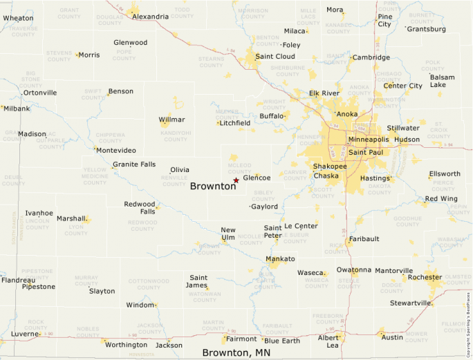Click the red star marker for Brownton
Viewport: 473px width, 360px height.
point(236,180)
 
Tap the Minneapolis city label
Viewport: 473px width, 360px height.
point(369,140)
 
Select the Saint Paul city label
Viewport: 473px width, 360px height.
point(365,152)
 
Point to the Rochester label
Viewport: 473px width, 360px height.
point(425,277)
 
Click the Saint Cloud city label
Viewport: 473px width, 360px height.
point(275,57)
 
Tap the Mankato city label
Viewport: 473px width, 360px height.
point(280,259)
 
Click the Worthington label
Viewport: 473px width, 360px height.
point(126,345)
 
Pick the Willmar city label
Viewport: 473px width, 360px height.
point(172,120)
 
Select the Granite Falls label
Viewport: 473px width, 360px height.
point(134,164)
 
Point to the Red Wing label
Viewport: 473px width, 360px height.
point(440,199)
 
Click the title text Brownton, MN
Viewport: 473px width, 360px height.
point(236,353)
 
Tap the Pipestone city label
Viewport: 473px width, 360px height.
point(38,287)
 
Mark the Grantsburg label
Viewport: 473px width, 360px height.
point(426,29)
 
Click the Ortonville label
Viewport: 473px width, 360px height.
point(40,93)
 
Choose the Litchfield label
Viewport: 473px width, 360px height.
point(234,123)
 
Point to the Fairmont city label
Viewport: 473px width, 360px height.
point(241,339)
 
